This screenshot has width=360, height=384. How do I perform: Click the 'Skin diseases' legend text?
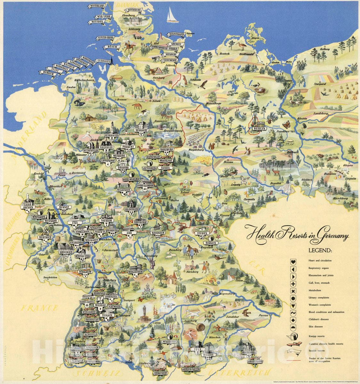316,327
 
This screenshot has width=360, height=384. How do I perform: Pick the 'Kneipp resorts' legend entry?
317,337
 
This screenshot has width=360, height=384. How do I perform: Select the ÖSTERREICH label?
239,372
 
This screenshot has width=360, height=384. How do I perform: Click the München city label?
214,338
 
